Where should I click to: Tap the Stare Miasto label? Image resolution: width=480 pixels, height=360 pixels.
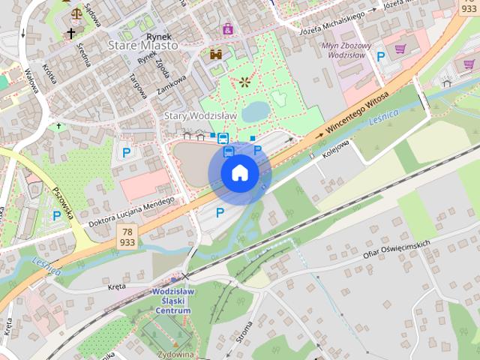pos(143,45)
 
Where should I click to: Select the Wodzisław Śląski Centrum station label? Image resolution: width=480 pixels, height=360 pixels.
pos(173,300)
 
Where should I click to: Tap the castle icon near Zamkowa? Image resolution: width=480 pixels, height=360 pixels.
pos(216,55)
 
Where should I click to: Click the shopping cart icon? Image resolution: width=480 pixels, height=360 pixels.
pos(400,49)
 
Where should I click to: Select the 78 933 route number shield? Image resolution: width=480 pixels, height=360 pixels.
pos(127,238)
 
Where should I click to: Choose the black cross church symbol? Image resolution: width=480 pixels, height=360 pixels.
pos(72,33)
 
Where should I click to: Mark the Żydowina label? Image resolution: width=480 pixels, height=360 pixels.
pos(175,354)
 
